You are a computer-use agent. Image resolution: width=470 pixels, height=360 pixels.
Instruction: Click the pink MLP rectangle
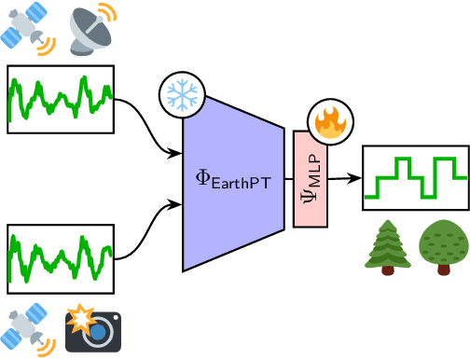click(311, 210)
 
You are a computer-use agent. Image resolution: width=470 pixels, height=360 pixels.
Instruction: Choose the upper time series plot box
click(61, 99)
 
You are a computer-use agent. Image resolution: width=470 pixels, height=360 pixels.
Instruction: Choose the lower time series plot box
click(61, 257)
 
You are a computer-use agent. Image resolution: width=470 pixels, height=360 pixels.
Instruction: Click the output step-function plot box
click(415, 177)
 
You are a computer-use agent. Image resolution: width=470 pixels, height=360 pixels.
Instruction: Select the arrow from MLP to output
click(344, 177)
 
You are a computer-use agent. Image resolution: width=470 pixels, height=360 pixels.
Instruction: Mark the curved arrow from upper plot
click(149, 131)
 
